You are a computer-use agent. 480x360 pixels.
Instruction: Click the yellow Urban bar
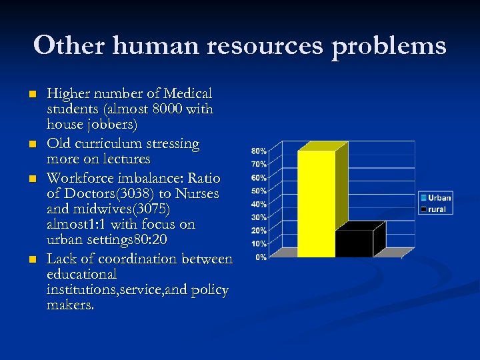pyautogui.click(x=316, y=203)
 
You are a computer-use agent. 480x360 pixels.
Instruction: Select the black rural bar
pyautogui.click(x=354, y=243)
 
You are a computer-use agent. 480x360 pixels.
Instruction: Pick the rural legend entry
pyautogui.click(x=435, y=209)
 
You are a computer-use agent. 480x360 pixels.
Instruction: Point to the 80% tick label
pyautogui.click(x=259, y=151)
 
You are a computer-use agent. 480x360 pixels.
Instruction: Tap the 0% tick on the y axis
pyautogui.click(x=261, y=257)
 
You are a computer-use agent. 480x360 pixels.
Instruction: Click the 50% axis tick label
pyautogui.click(x=259, y=191)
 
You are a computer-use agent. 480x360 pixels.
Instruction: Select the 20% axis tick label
pyautogui.click(x=259, y=230)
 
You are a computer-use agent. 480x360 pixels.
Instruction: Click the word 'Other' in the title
pyautogui.click(x=69, y=45)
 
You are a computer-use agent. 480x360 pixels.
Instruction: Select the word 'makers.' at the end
pyautogui.click(x=70, y=305)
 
